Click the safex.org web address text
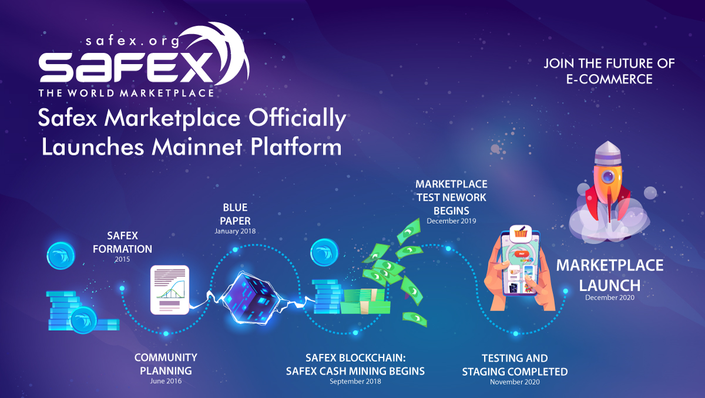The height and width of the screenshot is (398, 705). [133, 41]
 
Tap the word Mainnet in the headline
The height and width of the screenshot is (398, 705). [197, 147]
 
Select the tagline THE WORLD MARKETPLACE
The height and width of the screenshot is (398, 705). [126, 93]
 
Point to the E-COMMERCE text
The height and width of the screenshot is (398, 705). [609, 79]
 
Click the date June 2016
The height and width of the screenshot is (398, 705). [166, 382]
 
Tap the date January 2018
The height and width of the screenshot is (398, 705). [235, 231]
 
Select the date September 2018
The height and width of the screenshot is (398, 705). [355, 382]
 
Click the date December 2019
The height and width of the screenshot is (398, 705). [451, 221]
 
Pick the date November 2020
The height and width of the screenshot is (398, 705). [515, 382]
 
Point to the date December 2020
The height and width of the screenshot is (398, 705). [610, 298]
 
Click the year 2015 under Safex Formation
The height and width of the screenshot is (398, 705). [122, 259]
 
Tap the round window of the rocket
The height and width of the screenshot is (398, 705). [607, 177]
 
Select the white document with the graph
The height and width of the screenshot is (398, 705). [170, 290]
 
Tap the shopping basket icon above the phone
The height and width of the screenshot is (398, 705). [521, 234]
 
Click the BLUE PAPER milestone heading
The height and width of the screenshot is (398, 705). [235, 214]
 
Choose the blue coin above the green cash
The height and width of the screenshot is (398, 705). [324, 252]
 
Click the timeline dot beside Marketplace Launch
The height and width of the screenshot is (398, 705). [566, 291]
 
